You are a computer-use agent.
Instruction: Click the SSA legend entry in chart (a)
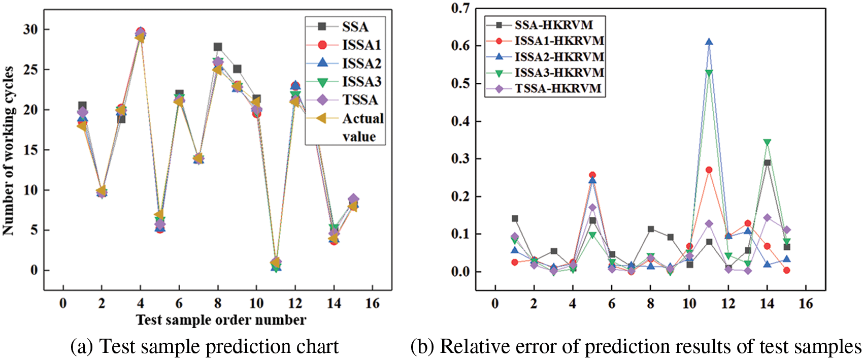click(354, 27)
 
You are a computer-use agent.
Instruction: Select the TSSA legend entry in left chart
click(359, 100)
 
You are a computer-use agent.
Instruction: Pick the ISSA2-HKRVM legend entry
click(559, 56)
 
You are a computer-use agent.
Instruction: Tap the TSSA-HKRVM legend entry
click(558, 88)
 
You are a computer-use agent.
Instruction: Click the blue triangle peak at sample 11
click(709, 42)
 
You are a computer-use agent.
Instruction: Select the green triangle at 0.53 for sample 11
click(709, 73)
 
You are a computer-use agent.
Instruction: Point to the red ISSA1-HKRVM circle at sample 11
click(709, 170)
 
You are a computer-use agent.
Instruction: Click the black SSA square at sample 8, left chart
click(218, 47)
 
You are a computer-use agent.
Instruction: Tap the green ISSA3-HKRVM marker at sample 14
click(767, 143)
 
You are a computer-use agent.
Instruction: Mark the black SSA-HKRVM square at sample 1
click(515, 219)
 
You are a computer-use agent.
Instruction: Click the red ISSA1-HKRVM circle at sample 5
click(592, 175)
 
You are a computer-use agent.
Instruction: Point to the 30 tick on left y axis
click(30, 29)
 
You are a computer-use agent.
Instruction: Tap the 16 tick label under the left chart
click(373, 304)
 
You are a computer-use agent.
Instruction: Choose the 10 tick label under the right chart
click(689, 304)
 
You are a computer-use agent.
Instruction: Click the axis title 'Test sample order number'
click(221, 320)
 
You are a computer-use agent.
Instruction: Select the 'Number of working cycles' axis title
click(8, 151)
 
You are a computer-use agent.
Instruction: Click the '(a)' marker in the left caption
click(82, 347)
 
